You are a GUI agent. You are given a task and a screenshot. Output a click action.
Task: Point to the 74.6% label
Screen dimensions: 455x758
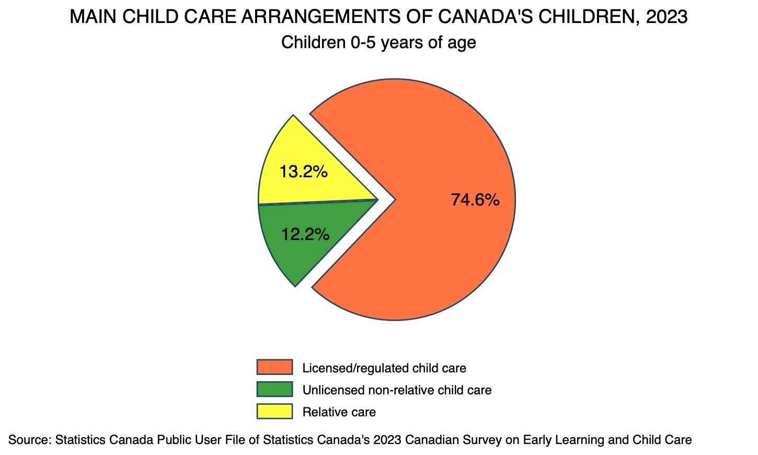click(x=475, y=200)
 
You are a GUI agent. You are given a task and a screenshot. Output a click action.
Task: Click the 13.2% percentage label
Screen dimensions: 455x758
click(x=303, y=172)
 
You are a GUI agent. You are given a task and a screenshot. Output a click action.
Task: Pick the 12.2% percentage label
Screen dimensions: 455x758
click(x=305, y=234)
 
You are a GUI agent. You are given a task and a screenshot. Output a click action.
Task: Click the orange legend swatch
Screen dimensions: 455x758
click(x=274, y=367)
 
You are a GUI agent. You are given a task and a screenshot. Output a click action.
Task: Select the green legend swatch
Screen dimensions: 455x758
click(x=274, y=389)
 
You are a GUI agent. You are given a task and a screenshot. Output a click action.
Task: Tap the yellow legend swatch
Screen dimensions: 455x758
click(x=274, y=411)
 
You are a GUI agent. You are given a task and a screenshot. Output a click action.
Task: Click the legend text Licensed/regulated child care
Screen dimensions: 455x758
click(x=384, y=368)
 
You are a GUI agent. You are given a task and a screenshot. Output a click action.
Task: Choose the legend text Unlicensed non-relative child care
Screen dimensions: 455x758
click(x=397, y=390)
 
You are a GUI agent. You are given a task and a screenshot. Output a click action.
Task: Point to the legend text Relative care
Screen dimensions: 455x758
click(x=339, y=412)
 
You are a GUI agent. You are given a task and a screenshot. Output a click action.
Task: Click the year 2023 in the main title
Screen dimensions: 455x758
click(x=667, y=17)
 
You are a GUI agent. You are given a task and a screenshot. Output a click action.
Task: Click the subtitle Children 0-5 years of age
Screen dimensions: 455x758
click(x=378, y=42)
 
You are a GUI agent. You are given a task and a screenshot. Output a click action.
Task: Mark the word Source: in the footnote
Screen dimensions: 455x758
click(x=29, y=440)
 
